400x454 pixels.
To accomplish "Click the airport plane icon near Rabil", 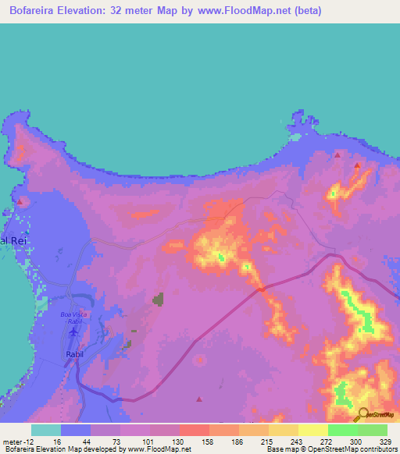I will [x=74, y=331].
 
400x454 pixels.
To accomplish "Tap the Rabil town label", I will [x=73, y=353].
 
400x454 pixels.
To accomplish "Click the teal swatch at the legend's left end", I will [x=46, y=430].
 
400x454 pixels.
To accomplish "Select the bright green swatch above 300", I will [x=343, y=430].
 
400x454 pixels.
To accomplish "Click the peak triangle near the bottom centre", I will [x=198, y=399].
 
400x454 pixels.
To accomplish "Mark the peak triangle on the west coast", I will [x=17, y=201].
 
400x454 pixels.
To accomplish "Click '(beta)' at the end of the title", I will [x=302, y=10].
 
